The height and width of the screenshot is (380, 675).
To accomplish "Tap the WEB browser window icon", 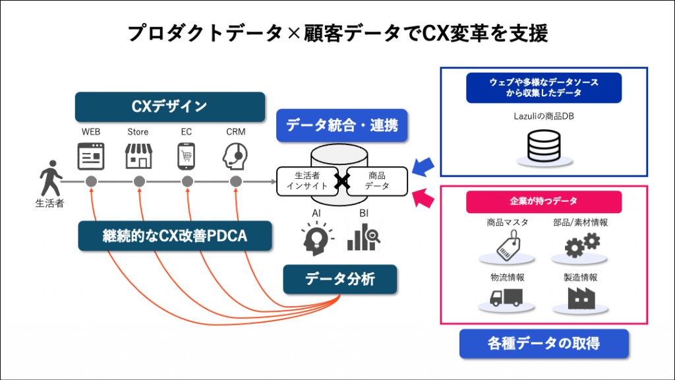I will [x=91, y=156].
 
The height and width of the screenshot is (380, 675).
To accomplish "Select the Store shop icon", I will [x=138, y=156].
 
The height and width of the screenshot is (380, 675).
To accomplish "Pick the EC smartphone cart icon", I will [x=187, y=156].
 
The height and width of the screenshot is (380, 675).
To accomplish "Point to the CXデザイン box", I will [x=170, y=106].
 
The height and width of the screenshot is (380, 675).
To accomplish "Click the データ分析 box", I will [x=340, y=279].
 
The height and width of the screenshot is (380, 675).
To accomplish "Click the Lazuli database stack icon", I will [x=544, y=146].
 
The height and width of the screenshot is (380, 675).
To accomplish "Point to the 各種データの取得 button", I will [x=544, y=344].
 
